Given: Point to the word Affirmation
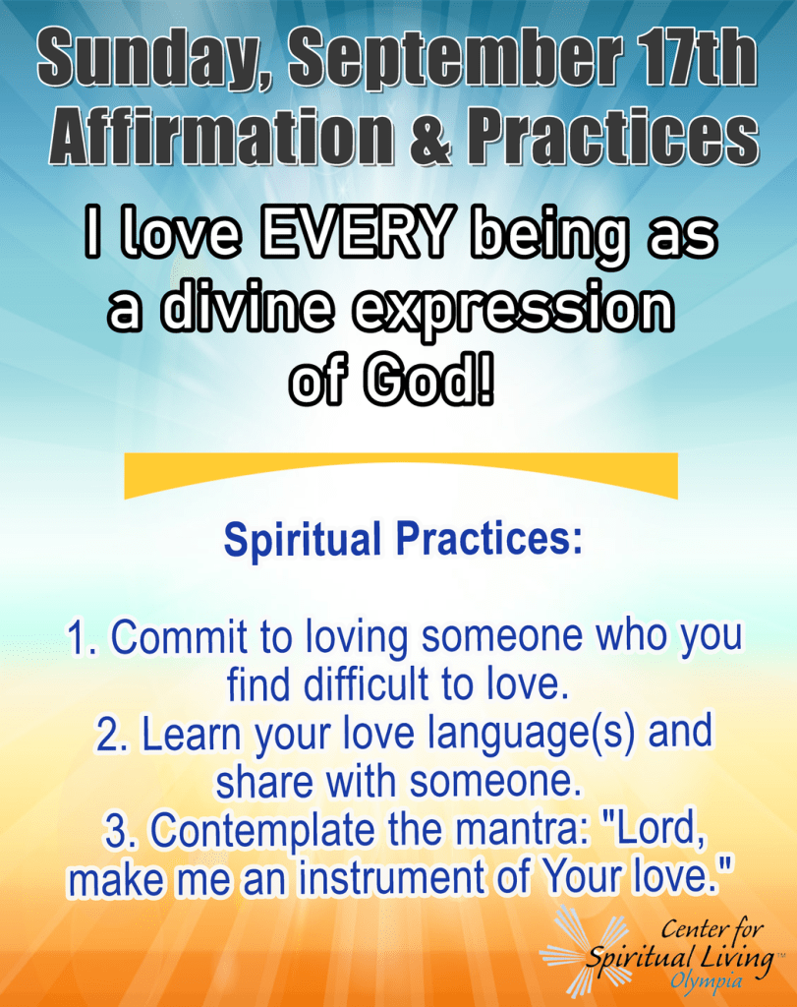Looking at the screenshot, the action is pyautogui.click(x=221, y=136).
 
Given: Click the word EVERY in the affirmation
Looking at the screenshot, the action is pyautogui.click(x=356, y=231).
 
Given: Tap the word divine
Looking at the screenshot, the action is pyautogui.click(x=247, y=307).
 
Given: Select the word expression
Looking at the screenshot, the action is pyautogui.click(x=513, y=311).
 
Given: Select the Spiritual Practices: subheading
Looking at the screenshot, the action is pyautogui.click(x=403, y=540).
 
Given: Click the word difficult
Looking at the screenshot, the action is pyautogui.click(x=368, y=684).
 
